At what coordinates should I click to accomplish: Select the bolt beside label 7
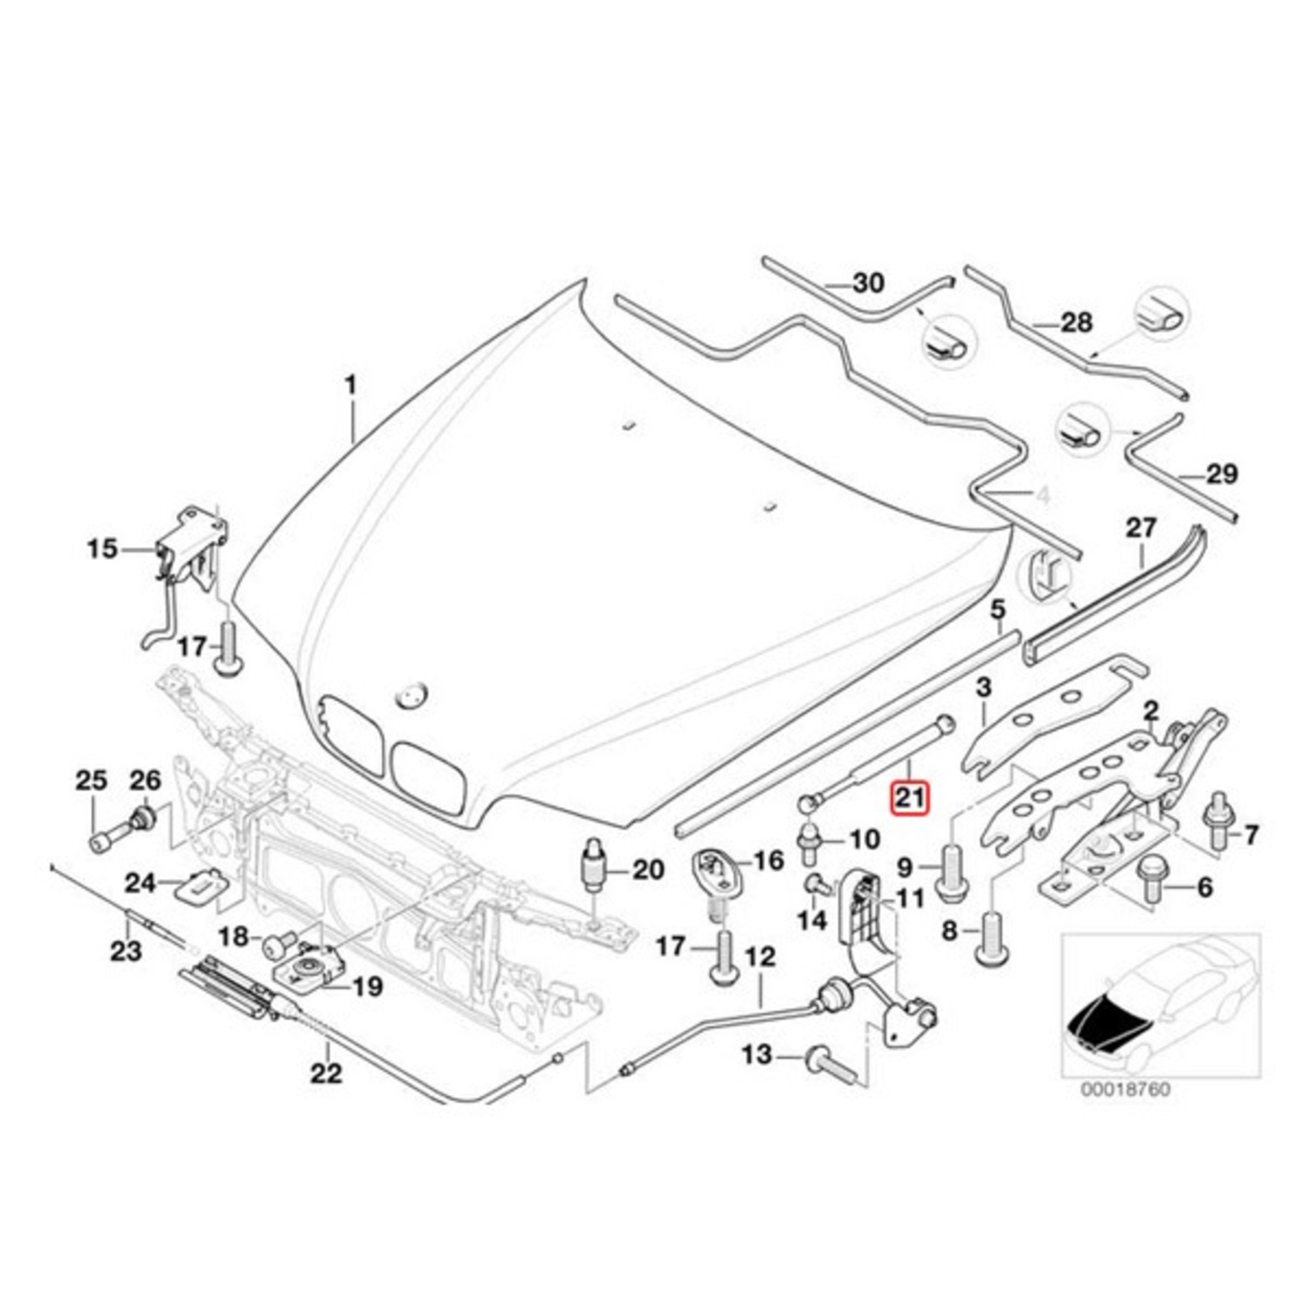[1216, 821]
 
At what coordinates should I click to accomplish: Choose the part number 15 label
[101, 549]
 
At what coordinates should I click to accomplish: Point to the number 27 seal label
[1141, 528]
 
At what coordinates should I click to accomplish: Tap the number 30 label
[867, 283]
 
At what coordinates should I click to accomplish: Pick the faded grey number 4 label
[1041, 497]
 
